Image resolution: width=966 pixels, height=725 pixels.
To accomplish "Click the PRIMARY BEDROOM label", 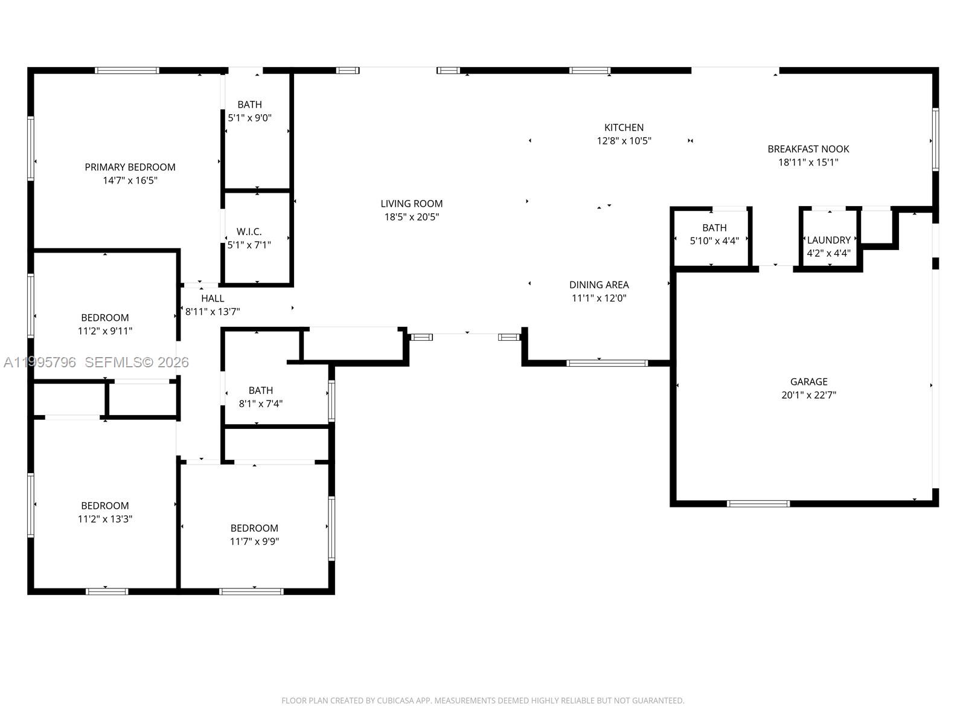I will (x=130, y=167).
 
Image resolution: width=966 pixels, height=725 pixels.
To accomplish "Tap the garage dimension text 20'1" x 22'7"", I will (x=808, y=395).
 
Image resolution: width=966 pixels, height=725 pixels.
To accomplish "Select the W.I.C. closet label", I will (x=249, y=231).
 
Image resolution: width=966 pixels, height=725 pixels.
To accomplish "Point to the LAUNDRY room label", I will (x=828, y=240).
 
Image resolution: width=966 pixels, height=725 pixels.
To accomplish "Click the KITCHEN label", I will (x=624, y=127).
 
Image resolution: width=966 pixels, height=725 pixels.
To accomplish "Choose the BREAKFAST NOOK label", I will (x=808, y=149).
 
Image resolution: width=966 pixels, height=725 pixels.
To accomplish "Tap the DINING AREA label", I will (x=598, y=285).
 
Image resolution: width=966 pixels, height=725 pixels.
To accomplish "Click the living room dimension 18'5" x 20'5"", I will (x=411, y=217).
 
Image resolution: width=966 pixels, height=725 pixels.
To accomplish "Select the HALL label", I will (x=213, y=298).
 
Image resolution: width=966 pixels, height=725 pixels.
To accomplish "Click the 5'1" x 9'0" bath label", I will (x=249, y=105).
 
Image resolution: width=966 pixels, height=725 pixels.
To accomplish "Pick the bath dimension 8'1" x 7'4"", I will (x=260, y=404).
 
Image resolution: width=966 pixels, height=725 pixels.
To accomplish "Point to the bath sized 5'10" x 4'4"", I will (x=714, y=228).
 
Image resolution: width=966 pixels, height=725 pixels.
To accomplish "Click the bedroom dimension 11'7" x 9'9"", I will (x=254, y=541).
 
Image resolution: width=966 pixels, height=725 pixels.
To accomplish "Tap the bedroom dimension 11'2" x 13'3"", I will (x=105, y=519).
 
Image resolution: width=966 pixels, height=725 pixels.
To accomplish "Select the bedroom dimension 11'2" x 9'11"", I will (x=105, y=331).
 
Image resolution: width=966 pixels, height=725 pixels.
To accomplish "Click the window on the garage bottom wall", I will (x=758, y=503).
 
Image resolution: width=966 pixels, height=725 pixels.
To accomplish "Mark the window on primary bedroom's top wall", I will (x=127, y=71).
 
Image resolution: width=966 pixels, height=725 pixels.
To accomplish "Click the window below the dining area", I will (x=607, y=363).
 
